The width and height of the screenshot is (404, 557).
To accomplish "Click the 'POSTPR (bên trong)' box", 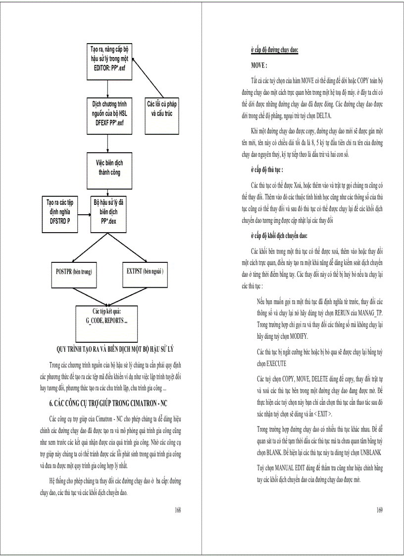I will click(74, 272).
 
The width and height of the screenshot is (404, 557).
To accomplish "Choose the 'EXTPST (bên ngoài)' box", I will click(144, 272).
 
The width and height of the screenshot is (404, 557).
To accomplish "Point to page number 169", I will click(380, 509).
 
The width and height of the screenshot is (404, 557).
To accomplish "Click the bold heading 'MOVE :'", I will click(259, 65).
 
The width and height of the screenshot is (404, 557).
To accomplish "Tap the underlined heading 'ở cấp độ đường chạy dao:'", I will click(274, 50).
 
